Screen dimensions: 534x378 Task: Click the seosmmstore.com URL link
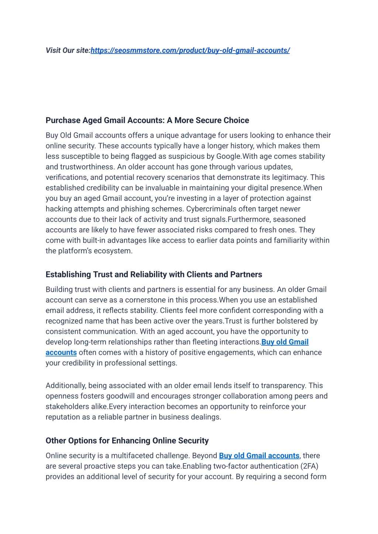[x=190, y=50]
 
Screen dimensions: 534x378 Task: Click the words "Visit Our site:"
[x=68, y=50]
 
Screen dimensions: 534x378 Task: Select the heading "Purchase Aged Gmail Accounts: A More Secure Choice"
[x=147, y=120]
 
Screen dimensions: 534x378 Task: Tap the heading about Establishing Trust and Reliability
[x=154, y=274]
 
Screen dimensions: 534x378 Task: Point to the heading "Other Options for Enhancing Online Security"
[x=127, y=441]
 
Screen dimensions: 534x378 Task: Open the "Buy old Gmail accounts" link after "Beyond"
[x=259, y=456]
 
